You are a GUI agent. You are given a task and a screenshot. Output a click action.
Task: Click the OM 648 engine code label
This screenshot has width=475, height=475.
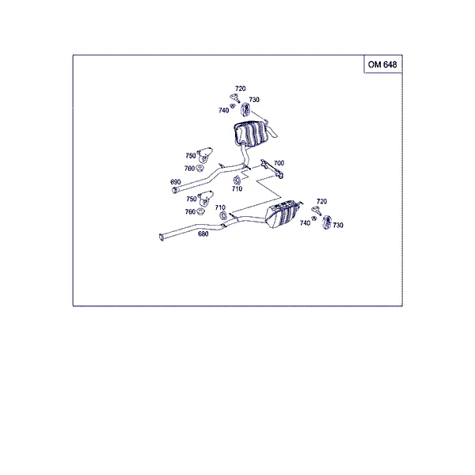(x=382, y=65)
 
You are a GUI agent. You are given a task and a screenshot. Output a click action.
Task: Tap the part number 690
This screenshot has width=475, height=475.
(x=176, y=182)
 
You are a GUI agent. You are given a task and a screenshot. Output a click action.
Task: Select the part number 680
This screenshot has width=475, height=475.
(x=203, y=234)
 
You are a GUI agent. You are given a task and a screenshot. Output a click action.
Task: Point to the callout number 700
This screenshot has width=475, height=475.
(x=279, y=163)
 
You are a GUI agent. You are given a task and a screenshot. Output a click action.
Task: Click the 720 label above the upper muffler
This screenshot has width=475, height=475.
(x=240, y=89)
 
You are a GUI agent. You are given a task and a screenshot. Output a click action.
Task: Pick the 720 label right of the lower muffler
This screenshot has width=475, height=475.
(x=321, y=201)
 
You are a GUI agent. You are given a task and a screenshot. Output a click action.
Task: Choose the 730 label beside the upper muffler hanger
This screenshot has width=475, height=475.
(x=254, y=100)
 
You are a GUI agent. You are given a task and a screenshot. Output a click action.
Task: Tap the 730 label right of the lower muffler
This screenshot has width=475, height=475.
(x=338, y=225)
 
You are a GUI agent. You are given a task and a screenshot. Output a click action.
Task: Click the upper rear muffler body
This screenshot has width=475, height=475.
(x=252, y=134)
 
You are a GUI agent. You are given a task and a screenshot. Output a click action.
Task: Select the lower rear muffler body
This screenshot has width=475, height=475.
(x=280, y=214)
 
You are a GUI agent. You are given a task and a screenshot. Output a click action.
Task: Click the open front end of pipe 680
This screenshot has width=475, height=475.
(x=161, y=237)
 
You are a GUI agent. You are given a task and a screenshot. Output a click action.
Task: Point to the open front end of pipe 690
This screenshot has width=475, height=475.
(x=174, y=190)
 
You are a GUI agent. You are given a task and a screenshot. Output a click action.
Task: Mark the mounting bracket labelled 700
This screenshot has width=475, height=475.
(x=272, y=169)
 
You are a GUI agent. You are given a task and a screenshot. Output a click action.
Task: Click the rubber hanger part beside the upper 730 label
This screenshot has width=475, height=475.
(x=245, y=109)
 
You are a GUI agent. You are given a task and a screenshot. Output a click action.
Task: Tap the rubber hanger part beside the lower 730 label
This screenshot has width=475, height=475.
(x=326, y=222)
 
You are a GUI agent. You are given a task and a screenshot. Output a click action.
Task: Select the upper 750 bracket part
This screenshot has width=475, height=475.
(x=204, y=155)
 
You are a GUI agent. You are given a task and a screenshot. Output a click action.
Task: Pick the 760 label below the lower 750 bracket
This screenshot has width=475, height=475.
(x=190, y=211)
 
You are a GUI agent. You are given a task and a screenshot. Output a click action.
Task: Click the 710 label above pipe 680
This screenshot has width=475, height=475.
(x=220, y=207)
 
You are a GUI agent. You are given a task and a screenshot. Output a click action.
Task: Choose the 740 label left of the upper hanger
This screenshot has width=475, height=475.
(x=223, y=111)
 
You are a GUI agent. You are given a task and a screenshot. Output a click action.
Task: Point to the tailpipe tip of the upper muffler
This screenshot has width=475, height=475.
(x=274, y=133)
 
